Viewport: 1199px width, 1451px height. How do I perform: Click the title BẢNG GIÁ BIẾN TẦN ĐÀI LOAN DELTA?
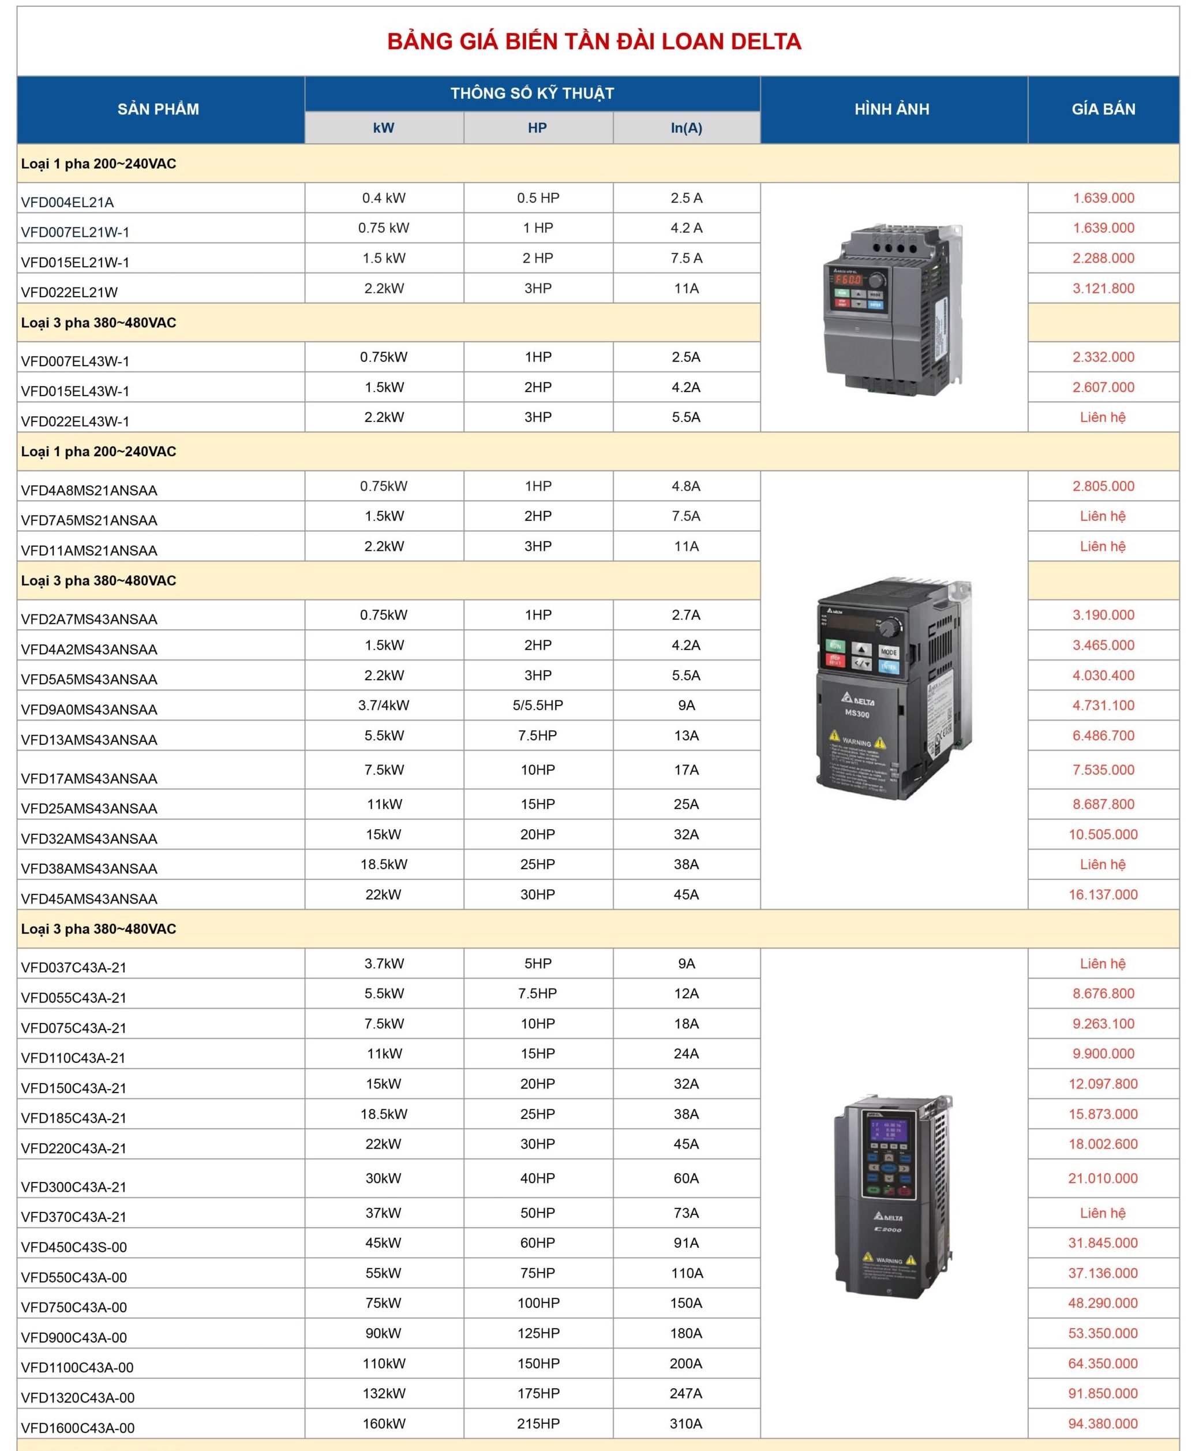[594, 42]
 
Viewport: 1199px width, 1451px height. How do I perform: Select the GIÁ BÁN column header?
[1103, 109]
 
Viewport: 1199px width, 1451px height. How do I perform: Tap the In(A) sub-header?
[686, 128]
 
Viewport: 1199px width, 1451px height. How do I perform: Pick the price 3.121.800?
[1103, 288]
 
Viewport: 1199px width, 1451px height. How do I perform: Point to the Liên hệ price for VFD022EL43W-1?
[1103, 417]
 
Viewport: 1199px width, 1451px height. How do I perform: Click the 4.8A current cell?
[686, 486]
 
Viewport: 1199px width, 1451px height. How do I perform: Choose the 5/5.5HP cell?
[537, 706]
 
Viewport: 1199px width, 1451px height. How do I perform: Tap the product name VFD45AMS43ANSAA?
[89, 899]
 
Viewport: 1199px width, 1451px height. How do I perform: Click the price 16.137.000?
[1103, 895]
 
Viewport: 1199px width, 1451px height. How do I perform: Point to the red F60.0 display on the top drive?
[848, 280]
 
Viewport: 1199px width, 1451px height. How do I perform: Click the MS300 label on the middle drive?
[857, 714]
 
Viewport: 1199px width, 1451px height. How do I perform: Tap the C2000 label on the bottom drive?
[887, 1229]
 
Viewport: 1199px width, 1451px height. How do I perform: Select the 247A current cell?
[686, 1394]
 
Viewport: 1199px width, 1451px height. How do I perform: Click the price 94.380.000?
[1103, 1423]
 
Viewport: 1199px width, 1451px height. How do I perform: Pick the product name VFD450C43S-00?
[74, 1247]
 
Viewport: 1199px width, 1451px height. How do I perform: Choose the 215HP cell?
[537, 1423]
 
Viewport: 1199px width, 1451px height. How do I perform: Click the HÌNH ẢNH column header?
[891, 109]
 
